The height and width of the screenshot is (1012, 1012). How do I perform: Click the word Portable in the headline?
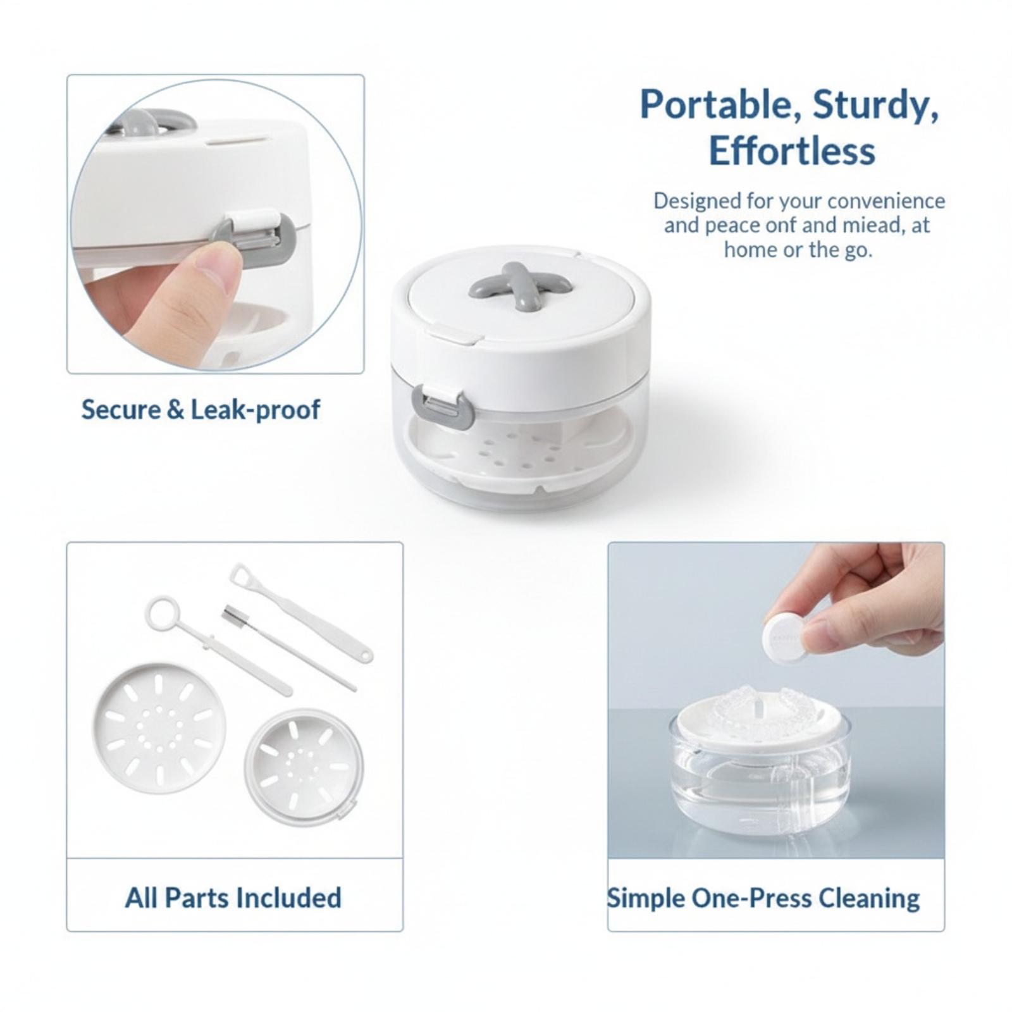[x=720, y=104]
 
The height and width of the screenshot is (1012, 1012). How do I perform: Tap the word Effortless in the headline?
[x=792, y=151]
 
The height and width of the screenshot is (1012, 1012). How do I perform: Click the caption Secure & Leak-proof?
[x=201, y=410]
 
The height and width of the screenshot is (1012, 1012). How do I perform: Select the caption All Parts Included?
[x=233, y=898]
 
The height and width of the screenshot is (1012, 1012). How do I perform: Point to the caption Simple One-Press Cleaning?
[x=763, y=898]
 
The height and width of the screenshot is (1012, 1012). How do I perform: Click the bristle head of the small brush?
[x=232, y=615]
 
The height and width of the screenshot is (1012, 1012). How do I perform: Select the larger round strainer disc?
[x=159, y=728]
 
